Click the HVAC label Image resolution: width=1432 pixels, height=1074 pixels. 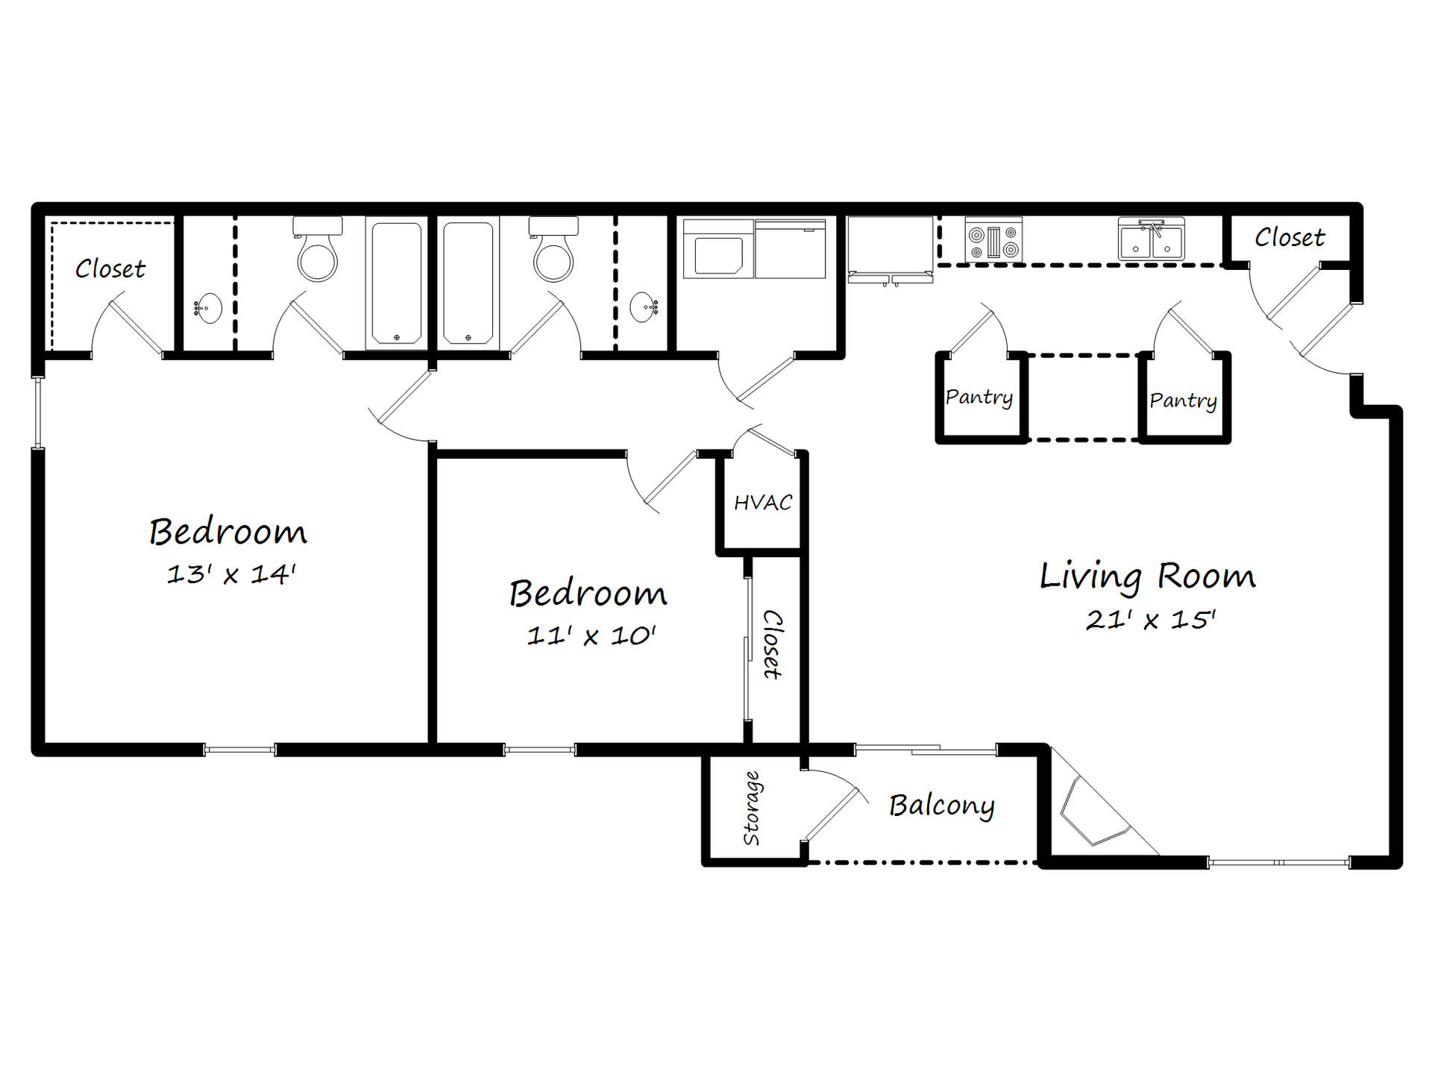coord(762,503)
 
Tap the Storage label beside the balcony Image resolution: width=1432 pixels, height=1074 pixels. coord(752,808)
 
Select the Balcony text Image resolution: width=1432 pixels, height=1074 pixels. coord(941,805)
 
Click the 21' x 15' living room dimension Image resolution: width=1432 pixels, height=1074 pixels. coord(1150,620)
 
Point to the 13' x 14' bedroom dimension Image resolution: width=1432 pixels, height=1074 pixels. coord(231,574)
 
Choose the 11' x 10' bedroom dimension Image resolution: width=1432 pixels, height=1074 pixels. coord(591,636)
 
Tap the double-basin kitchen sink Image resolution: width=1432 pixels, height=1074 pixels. coord(1151,240)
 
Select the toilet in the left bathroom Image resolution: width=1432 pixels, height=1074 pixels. coord(318,251)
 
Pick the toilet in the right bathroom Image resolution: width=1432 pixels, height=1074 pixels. coord(553,251)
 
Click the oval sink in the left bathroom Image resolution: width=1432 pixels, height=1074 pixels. coord(210,307)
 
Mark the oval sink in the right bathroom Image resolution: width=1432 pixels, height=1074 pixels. coord(643,307)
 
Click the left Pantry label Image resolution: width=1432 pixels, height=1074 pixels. coord(979,397)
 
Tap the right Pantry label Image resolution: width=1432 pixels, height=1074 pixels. coord(1183,401)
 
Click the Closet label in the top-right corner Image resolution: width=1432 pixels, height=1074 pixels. coord(1289,238)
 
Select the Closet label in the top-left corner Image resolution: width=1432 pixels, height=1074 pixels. coord(110,269)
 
